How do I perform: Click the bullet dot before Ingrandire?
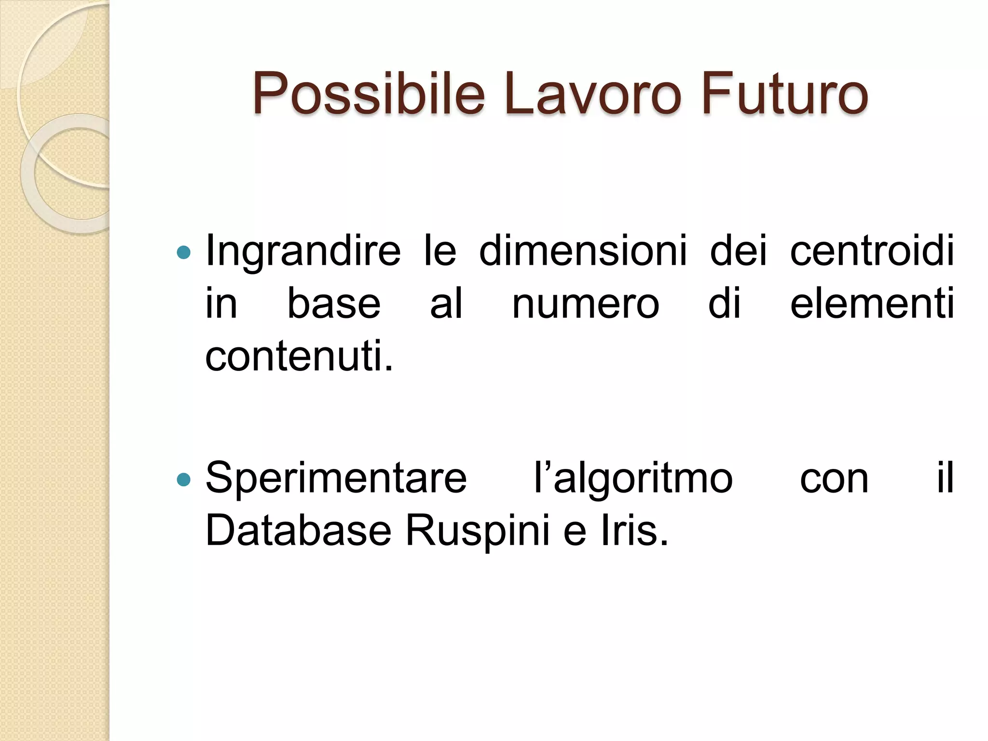tap(184, 252)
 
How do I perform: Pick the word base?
tap(334, 304)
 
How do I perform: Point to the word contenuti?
tap(299, 356)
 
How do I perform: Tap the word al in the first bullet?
tap(446, 304)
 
